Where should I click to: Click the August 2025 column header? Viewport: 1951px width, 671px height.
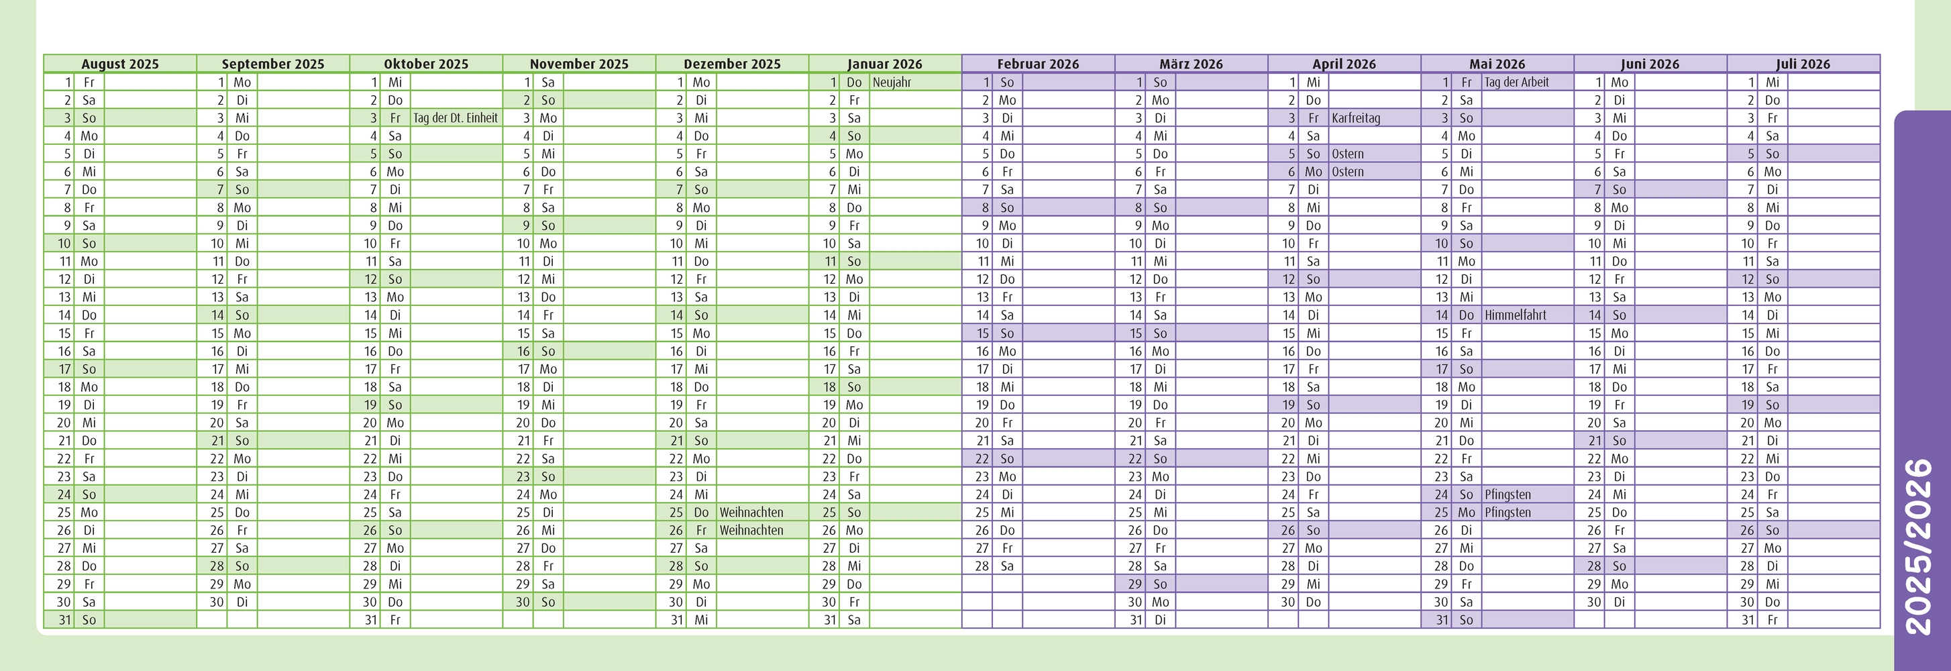[119, 64]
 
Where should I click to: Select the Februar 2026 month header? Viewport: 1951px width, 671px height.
[1038, 64]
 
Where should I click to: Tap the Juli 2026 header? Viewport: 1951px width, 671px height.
[1803, 64]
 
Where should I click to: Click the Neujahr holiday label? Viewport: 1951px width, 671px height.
[892, 83]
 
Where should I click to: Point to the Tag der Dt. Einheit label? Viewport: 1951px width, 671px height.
[455, 118]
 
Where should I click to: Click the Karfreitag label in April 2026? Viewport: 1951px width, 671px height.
[1356, 118]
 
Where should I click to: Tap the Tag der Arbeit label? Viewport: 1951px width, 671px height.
[1516, 83]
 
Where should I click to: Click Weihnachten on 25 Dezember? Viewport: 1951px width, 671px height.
[751, 513]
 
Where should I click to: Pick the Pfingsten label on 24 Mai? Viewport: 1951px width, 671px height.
[1507, 495]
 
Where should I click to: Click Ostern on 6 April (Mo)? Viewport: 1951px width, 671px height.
[1347, 172]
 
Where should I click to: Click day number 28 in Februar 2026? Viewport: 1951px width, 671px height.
[982, 566]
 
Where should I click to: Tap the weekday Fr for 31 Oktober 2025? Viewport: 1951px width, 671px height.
[394, 620]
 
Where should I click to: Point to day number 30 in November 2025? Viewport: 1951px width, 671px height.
[523, 602]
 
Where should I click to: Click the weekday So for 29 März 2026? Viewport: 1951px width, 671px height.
[1159, 584]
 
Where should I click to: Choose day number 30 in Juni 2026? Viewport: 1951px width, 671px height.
[1594, 602]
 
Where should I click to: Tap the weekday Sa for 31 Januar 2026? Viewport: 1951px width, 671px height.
[853, 620]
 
